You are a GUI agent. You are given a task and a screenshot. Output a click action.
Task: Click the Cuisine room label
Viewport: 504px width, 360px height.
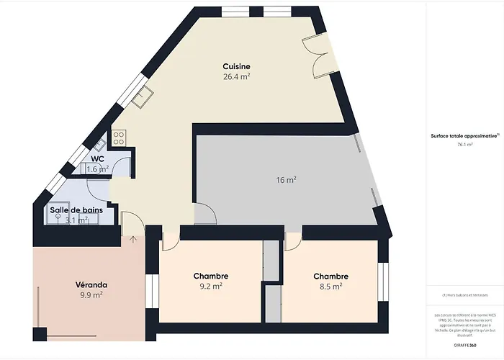coord(236,66)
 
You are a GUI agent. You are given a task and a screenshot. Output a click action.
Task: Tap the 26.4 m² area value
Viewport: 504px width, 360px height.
coord(236,76)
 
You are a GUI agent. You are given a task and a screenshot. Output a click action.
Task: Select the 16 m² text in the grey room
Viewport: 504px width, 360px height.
coord(287,180)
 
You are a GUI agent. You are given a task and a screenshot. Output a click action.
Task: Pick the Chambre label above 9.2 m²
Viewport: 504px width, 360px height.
coord(211,276)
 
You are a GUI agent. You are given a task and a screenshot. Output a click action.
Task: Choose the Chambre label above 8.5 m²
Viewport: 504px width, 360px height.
coord(330,276)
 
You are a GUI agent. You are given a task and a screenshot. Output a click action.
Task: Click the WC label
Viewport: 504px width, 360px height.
coord(97,159)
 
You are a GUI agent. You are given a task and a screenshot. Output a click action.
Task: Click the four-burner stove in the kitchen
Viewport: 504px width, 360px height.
coord(119,137)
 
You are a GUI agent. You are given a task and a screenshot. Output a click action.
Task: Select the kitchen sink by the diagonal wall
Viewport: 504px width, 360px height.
coord(146,96)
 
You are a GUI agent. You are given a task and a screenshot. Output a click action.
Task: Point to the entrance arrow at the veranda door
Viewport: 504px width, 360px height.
coord(132,239)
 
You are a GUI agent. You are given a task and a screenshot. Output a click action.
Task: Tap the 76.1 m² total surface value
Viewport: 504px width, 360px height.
coord(464,145)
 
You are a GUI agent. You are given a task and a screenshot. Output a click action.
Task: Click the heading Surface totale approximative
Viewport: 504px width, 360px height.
coord(464,135)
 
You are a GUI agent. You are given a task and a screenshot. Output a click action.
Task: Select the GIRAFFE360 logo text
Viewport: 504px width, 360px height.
coord(464,345)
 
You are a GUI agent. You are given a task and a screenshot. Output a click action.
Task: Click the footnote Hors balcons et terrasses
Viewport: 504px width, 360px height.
coord(464,295)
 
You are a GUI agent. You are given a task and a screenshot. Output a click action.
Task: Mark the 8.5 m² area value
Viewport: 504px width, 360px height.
coord(330,286)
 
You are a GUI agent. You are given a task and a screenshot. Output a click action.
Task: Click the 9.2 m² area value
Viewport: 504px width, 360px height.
coord(211,286)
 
